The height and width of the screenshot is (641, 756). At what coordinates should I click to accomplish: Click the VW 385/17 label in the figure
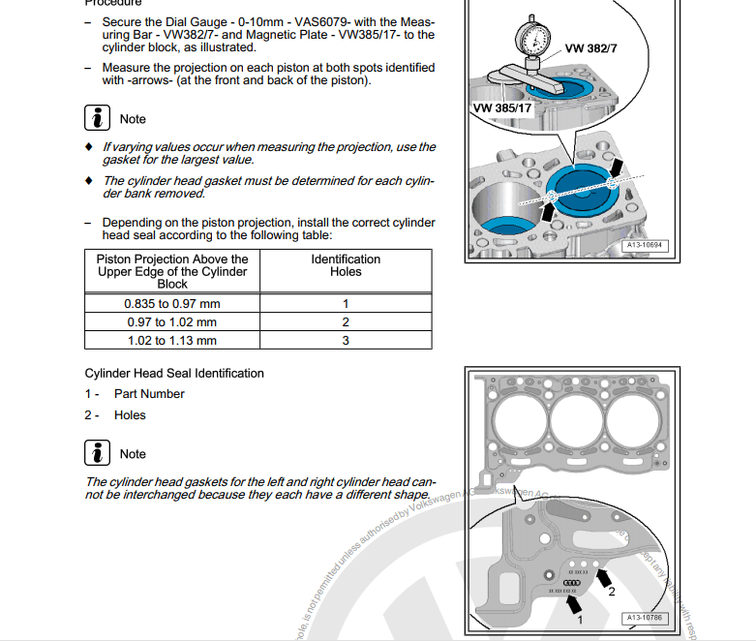click(502, 107)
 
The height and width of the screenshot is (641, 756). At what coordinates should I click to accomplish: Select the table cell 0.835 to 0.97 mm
click(172, 304)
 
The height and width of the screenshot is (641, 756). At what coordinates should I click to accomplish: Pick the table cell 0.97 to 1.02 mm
click(172, 322)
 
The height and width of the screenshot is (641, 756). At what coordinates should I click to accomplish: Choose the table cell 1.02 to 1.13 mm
click(172, 341)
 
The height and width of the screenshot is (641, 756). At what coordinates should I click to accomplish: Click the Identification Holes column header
click(346, 265)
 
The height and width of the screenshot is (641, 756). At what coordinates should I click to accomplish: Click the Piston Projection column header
click(172, 271)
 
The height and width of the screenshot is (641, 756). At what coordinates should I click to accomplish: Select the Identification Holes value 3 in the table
click(346, 341)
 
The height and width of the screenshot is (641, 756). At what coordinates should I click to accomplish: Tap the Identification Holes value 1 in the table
click(346, 304)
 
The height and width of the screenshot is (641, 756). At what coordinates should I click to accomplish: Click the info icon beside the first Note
click(97, 118)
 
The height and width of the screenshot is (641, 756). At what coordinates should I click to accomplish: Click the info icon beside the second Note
click(97, 453)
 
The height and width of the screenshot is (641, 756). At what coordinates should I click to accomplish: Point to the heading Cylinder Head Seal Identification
click(174, 373)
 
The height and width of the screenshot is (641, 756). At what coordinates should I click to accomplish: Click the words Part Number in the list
click(149, 394)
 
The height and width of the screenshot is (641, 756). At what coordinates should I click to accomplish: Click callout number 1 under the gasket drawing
click(580, 617)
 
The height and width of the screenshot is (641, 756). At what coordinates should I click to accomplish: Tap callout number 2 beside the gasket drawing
click(610, 592)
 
